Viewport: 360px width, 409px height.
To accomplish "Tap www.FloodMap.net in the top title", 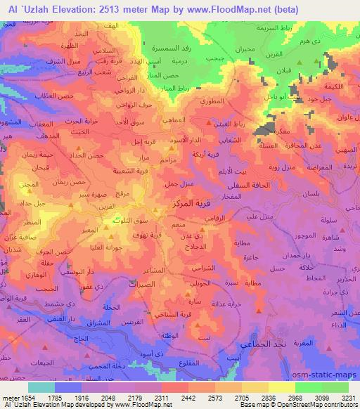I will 232,9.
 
